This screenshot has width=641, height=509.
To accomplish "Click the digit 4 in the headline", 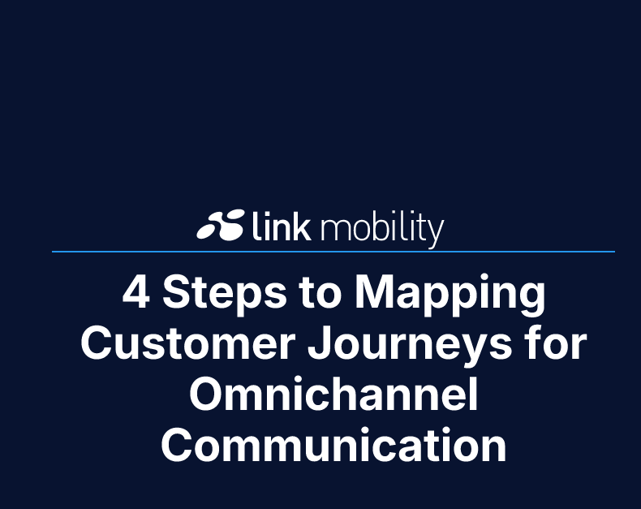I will (x=136, y=293).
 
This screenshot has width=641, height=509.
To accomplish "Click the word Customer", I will (x=187, y=345).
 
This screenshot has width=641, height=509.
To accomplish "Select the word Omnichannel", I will (x=333, y=395).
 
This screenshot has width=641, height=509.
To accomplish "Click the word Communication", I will (x=333, y=446).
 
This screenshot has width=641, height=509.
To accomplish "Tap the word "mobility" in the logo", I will (x=382, y=228).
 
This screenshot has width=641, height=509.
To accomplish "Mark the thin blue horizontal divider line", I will (x=333, y=252).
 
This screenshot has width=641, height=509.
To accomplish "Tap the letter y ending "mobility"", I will (x=436, y=232).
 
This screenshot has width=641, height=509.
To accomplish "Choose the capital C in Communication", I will (x=178, y=446).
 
